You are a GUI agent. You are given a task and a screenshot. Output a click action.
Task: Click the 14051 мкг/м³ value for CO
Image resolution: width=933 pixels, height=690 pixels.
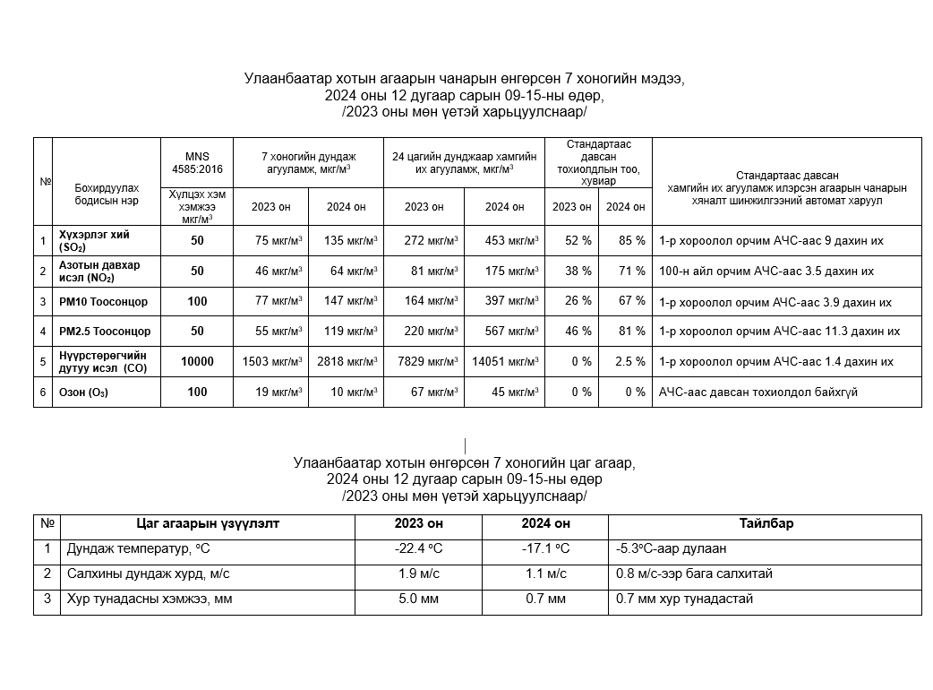click(x=504, y=362)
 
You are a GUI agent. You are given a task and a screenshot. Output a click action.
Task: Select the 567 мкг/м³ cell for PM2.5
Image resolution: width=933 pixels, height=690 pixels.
click(x=504, y=332)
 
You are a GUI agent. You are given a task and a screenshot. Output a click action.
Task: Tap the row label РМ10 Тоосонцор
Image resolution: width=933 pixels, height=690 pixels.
click(x=103, y=302)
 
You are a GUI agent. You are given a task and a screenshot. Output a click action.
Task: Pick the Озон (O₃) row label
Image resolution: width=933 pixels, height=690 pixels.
click(x=83, y=392)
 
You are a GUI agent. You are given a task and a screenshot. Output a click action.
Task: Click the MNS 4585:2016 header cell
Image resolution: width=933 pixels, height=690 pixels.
click(x=197, y=162)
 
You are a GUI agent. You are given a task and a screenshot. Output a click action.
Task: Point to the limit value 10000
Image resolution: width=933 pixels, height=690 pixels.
click(x=197, y=362)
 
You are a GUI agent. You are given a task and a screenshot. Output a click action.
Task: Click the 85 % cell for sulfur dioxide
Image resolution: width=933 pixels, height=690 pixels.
click(x=625, y=241)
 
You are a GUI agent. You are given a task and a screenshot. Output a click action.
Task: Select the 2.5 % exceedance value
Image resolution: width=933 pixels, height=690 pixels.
click(x=625, y=362)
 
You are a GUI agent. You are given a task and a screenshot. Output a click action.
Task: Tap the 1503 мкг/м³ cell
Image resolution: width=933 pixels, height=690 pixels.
click(x=271, y=362)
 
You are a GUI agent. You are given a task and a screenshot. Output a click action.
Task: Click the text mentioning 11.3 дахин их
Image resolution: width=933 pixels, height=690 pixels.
click(x=779, y=332)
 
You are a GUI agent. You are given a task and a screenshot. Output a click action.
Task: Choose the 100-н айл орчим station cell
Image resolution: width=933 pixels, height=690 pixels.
click(x=766, y=271)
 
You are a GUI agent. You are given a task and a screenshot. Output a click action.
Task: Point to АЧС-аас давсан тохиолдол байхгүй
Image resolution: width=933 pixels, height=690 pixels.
click(x=758, y=392)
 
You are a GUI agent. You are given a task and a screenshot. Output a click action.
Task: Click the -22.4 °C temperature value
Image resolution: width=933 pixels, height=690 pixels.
click(x=418, y=549)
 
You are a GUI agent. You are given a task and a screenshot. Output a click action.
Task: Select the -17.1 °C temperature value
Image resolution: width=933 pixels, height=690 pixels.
click(x=544, y=549)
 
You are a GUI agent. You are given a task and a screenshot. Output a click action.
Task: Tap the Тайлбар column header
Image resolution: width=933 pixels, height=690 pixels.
click(x=766, y=524)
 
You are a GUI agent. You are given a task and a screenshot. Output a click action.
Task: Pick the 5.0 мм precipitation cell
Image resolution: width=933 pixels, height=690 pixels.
click(x=418, y=599)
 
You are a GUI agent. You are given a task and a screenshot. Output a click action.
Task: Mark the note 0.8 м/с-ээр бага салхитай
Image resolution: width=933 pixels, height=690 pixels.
click(x=694, y=574)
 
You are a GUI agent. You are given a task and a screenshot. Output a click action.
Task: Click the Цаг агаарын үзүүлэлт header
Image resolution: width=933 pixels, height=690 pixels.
click(x=207, y=524)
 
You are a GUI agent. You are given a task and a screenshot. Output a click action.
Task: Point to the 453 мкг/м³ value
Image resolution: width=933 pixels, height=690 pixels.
click(x=504, y=241)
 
